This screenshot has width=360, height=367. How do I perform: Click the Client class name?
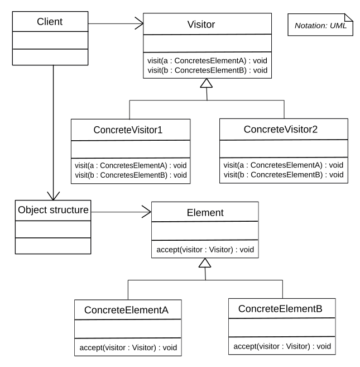(x=50, y=22)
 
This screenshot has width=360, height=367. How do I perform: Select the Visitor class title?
(x=201, y=25)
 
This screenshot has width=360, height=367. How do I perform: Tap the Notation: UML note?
(x=320, y=25)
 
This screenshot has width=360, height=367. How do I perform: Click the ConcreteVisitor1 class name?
(x=128, y=130)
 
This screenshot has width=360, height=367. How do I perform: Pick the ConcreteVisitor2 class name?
(x=281, y=129)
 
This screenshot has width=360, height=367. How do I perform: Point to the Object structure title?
(x=53, y=210)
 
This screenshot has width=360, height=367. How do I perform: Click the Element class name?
(x=205, y=213)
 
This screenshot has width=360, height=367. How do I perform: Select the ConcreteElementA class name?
(x=126, y=310)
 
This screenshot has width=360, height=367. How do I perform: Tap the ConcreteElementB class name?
(x=280, y=309)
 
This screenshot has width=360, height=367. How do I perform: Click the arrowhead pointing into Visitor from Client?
(x=140, y=23)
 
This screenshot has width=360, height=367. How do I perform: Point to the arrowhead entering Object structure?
(x=54, y=197)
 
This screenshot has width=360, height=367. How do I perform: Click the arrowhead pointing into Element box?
(x=147, y=212)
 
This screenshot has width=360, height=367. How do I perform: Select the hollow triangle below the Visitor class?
(x=207, y=83)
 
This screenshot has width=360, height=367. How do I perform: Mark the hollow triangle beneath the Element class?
(x=205, y=263)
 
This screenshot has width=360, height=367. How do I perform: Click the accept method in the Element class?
(x=205, y=250)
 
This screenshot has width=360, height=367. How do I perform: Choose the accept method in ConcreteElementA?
(x=128, y=347)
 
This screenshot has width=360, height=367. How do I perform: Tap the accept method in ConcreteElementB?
(x=282, y=346)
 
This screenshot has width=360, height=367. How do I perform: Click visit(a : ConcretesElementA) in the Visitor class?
(x=207, y=61)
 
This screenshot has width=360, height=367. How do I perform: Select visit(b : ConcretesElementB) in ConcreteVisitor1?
(x=131, y=175)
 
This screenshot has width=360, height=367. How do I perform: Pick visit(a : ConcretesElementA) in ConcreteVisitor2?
(x=284, y=165)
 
